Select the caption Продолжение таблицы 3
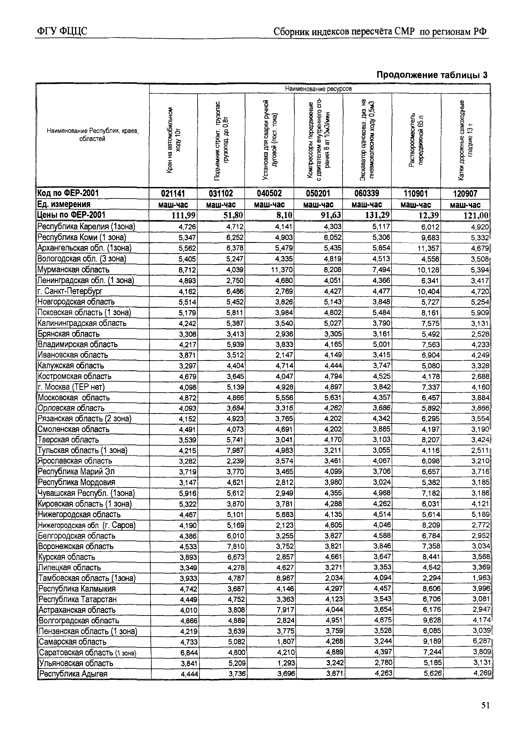point(432,75)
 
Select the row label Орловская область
point(71,408)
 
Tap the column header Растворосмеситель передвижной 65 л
point(416,140)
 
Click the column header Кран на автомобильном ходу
point(173,140)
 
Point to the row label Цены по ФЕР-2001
point(71,215)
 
